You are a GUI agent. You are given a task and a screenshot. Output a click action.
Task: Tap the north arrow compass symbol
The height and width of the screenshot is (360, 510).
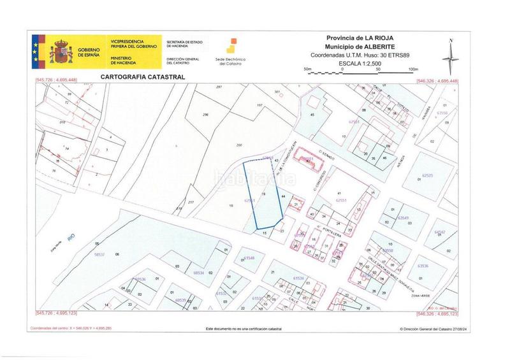coord(451,56)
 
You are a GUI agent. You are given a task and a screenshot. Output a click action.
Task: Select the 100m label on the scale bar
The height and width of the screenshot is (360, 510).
coord(412,69)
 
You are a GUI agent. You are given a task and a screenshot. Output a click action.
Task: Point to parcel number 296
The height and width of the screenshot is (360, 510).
coord(205,115)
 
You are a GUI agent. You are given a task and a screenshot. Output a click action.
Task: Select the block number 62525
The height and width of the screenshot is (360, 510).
coord(427,176)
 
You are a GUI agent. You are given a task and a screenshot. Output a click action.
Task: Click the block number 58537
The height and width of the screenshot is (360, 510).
coord(99,254)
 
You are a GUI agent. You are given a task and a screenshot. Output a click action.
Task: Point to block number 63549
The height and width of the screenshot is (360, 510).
coord(404,218)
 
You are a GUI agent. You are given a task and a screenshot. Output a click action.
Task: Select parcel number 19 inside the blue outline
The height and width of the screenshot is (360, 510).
coord(264,193)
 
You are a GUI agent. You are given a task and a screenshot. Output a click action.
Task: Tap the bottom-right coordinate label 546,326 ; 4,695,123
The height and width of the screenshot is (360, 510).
coord(437,313)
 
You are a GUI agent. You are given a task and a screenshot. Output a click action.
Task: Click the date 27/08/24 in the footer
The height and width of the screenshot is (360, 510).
coord(466,329)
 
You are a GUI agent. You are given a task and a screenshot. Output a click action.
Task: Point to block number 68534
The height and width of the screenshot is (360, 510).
coord(198,273)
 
